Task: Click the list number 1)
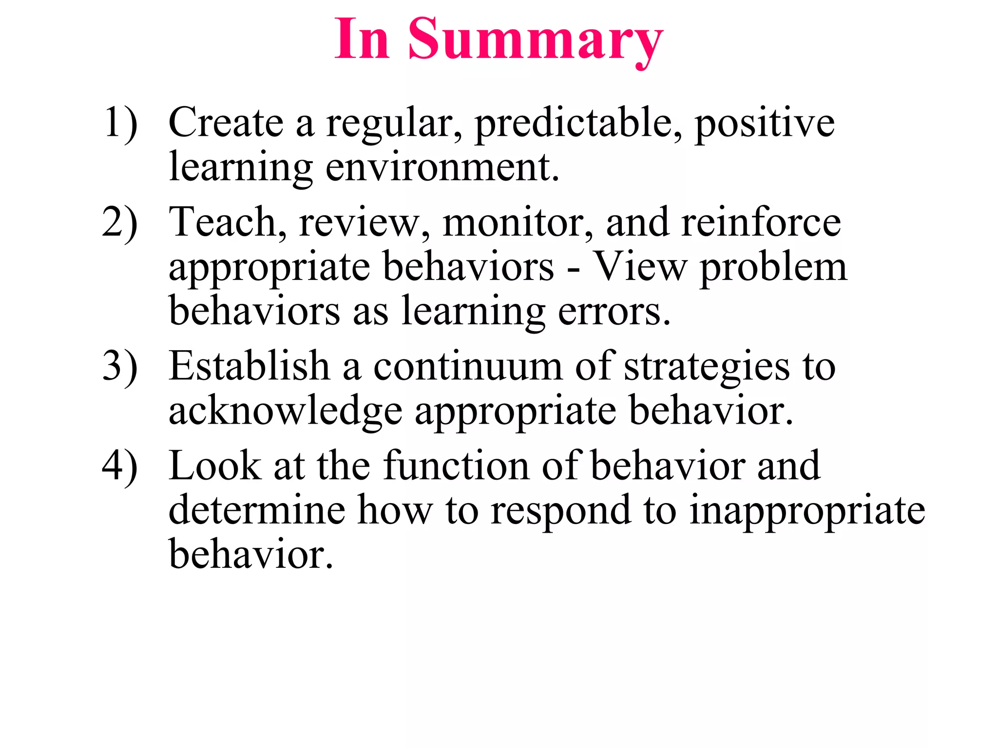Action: point(120,123)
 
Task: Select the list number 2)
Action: point(120,223)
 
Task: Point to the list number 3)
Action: point(120,367)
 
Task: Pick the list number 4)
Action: point(120,466)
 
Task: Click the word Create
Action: point(226,123)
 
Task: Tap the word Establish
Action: point(249,366)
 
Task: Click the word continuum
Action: point(468,367)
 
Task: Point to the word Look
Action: point(214,466)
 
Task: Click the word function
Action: point(456,466)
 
